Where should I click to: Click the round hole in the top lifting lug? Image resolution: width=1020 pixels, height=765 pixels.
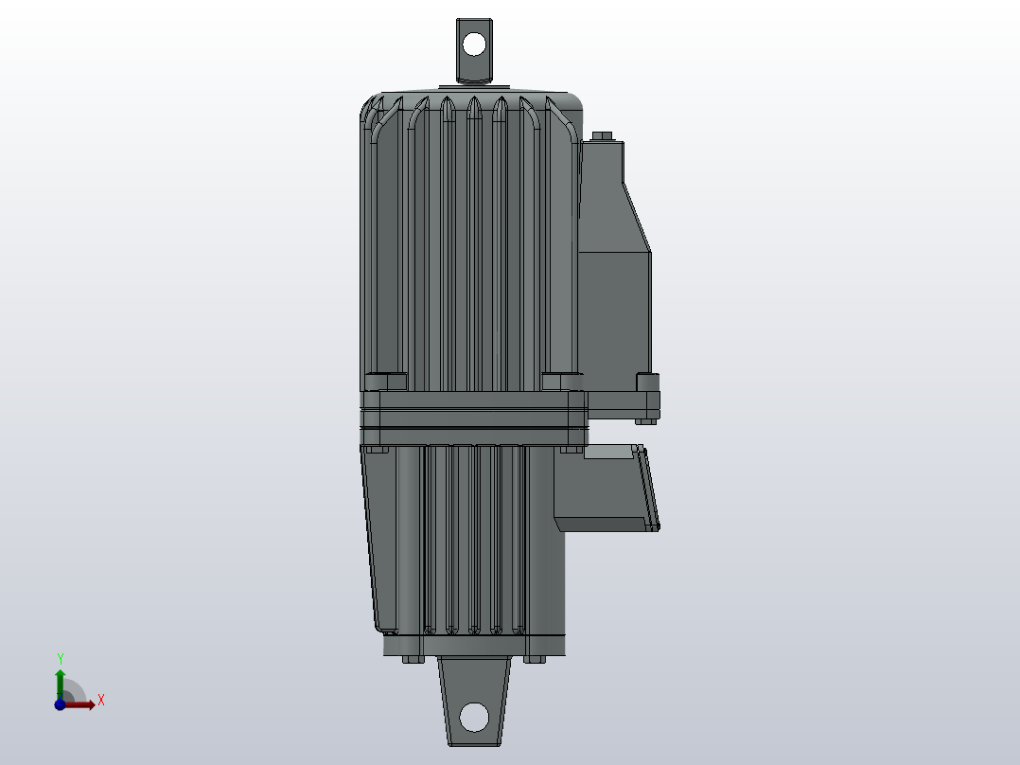[474, 44]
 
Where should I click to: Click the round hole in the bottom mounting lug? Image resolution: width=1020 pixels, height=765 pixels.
[475, 715]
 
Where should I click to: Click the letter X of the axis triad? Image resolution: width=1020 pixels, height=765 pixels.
[100, 701]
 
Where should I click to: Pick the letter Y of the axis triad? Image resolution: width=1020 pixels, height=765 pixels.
[61, 658]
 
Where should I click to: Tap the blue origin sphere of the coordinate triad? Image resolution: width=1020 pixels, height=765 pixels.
[60, 704]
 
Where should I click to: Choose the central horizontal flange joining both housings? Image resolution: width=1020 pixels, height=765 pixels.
[473, 417]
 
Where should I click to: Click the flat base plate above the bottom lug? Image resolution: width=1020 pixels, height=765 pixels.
[475, 645]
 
